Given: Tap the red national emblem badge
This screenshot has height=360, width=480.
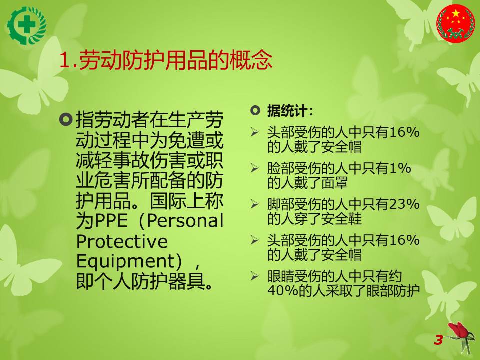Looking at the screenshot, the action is pos(456,23).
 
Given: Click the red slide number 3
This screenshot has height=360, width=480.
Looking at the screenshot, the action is pos(438,340).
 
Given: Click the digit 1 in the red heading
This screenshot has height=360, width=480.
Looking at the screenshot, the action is pos(65,60).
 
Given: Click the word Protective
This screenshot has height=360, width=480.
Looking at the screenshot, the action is pos(122,241).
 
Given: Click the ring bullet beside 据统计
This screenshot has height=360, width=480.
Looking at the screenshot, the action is pos(255,110).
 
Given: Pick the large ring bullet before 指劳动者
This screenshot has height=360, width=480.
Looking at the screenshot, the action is pos(66,119).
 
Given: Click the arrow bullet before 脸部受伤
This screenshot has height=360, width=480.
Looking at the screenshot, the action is pos(254,168).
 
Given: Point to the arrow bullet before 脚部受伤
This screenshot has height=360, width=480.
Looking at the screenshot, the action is pos(254,204).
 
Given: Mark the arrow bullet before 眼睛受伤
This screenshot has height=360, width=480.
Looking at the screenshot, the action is pos(254,276).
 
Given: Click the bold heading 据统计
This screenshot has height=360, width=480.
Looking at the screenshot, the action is pos(290,111).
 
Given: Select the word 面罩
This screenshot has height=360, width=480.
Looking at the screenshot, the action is pos(334,183).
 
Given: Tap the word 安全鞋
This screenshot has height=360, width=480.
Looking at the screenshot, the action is pos(341,219).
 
